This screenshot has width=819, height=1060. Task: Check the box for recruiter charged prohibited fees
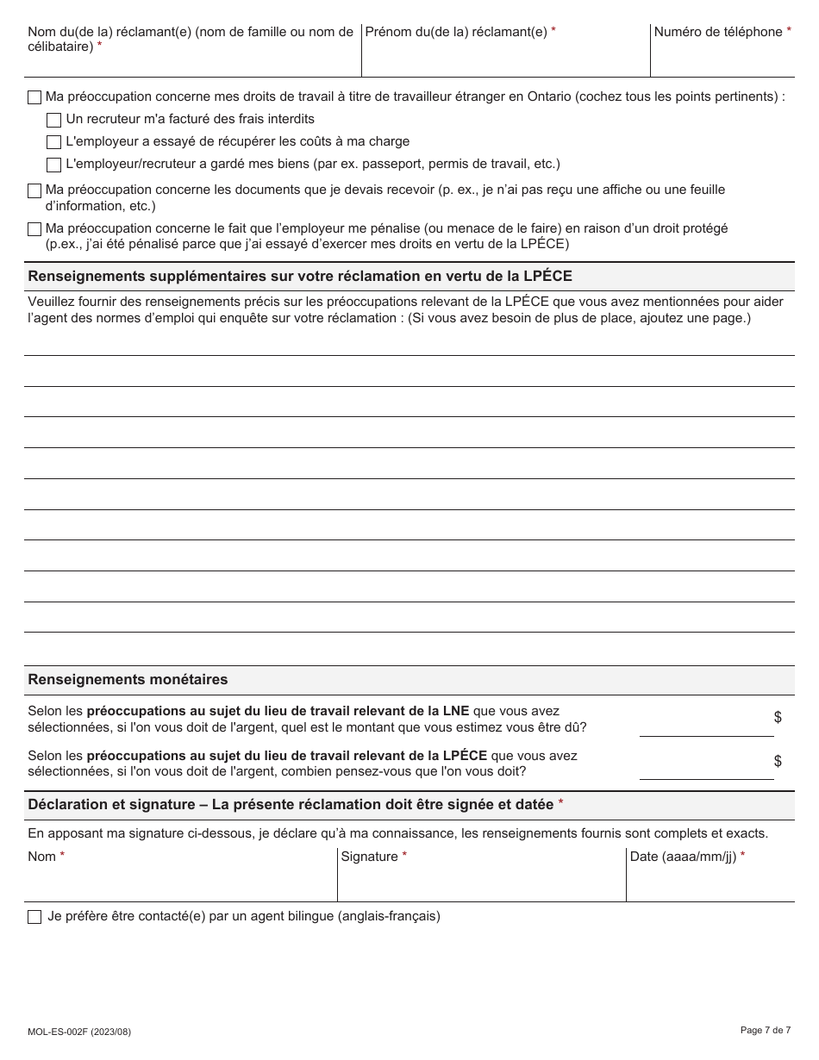click(x=53, y=120)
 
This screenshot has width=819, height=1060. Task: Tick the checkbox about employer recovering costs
click(x=53, y=142)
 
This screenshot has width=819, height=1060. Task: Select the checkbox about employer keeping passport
click(x=53, y=165)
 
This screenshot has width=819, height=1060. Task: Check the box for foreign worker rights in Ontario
click(x=34, y=97)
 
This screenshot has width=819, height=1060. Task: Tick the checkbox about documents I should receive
click(x=34, y=190)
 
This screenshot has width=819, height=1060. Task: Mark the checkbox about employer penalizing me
click(x=34, y=229)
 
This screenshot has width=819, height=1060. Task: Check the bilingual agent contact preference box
click(x=34, y=917)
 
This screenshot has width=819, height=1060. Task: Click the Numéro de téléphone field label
click(x=717, y=32)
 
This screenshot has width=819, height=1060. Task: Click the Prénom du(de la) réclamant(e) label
click(x=456, y=32)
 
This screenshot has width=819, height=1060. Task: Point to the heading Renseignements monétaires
click(x=128, y=679)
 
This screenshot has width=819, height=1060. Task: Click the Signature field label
click(x=369, y=857)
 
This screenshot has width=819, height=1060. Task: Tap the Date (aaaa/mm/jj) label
click(x=683, y=857)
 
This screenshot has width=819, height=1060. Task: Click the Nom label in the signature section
click(x=41, y=857)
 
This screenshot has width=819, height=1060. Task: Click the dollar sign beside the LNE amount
click(x=778, y=717)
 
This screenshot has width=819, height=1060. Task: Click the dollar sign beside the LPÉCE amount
click(x=778, y=761)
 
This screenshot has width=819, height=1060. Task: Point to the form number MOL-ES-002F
click(x=79, y=1032)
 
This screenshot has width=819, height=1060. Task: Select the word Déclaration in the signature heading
click(x=69, y=804)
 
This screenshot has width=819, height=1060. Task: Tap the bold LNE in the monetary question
click(x=456, y=711)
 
